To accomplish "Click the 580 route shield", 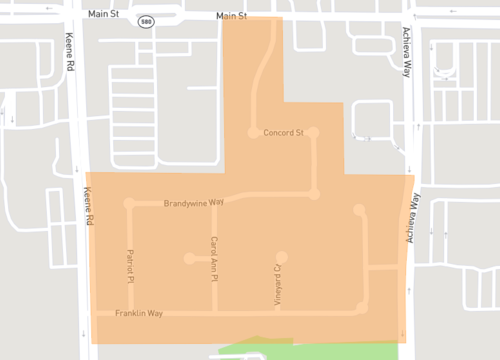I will (x=146, y=20).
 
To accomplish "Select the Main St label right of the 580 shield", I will (x=230, y=17).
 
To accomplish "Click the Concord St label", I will (x=283, y=133).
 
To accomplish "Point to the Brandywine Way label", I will (x=194, y=203).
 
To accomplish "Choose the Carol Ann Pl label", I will (x=214, y=256).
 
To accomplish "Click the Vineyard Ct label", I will (x=278, y=284).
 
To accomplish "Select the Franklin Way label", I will (x=138, y=313).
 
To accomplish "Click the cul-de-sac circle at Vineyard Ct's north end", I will (x=283, y=256).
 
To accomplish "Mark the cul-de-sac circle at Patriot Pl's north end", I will (x=129, y=203).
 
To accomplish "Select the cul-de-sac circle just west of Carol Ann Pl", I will (x=189, y=258).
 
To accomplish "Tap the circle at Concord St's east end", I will (x=313, y=132).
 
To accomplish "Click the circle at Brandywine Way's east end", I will (x=313, y=194).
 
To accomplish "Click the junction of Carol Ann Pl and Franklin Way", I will (x=214, y=314).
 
